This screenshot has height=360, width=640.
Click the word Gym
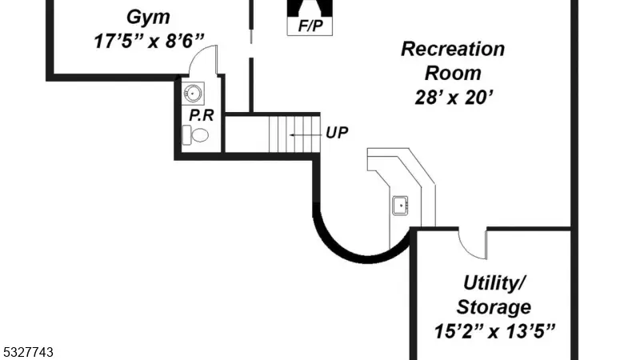pyautogui.click(x=148, y=18)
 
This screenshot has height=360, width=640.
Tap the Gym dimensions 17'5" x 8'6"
pyautogui.click(x=149, y=42)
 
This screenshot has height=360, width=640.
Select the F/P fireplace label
pyautogui.click(x=310, y=26)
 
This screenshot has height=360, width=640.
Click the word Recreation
pyautogui.click(x=453, y=49)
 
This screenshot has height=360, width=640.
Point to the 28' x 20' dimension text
pyautogui.click(x=454, y=98)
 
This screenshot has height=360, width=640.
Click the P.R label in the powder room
pyautogui.click(x=202, y=115)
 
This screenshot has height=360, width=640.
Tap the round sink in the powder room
pyautogui.click(x=192, y=94)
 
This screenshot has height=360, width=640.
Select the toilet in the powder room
pyautogui.click(x=195, y=135)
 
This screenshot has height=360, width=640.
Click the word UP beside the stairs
pyautogui.click(x=337, y=133)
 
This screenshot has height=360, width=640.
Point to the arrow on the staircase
pyautogui.click(x=303, y=134)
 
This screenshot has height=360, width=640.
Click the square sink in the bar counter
pyautogui.click(x=400, y=206)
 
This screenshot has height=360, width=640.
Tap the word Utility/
pyautogui.click(x=494, y=283)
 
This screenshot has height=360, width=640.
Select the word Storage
pyautogui.click(x=494, y=307)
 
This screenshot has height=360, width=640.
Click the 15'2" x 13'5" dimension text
pyautogui.click(x=494, y=331)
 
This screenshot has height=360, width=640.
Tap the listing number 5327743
pyautogui.click(x=27, y=352)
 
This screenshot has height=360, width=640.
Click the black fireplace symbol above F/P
pyautogui.click(x=310, y=8)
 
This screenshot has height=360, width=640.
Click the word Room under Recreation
pyautogui.click(x=453, y=74)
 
